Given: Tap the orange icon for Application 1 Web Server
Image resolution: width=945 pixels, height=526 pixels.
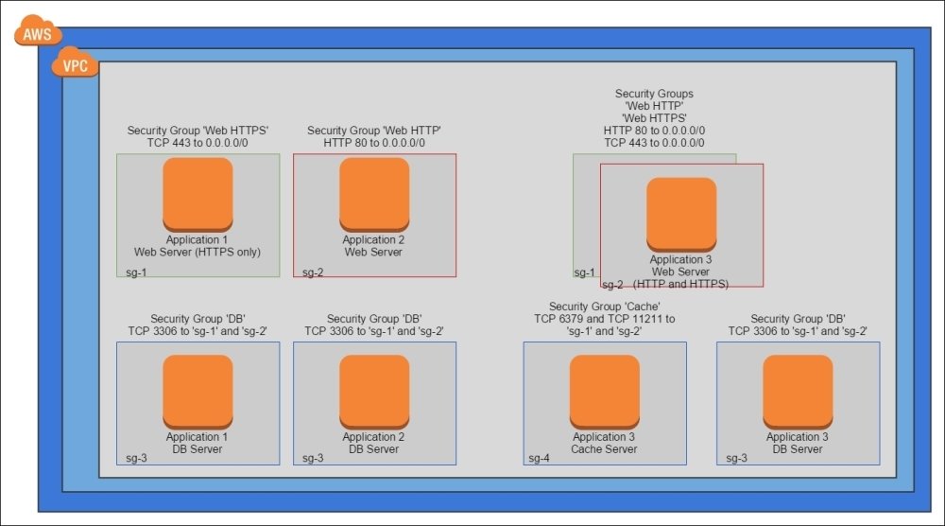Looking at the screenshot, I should pos(198,193).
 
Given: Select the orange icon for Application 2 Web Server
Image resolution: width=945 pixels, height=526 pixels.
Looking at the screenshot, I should pos(374,193).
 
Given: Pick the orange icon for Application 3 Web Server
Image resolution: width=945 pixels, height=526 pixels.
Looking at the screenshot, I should pos(681,213).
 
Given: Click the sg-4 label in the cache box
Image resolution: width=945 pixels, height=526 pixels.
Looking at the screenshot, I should pos(540,458).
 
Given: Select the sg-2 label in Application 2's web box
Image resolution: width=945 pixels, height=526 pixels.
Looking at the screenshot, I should pos(313,272).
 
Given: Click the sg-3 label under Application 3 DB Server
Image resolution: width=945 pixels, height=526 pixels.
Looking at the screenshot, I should pos(732,458).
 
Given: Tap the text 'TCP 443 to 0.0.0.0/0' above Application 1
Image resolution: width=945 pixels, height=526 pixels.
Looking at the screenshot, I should pos(198,143).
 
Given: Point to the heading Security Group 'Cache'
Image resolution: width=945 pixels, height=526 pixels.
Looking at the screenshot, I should pos(605,307).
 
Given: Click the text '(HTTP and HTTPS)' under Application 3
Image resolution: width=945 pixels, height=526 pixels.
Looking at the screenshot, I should pos(680,284).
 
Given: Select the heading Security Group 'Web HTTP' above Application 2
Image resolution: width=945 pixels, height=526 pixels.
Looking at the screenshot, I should pos(374,131).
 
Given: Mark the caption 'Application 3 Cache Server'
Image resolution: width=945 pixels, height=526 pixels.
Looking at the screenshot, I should pos(605,443).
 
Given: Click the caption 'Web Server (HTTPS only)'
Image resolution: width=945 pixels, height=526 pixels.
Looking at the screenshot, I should pos(198,252).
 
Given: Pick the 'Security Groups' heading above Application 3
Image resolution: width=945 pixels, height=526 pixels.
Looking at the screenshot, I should pos(654,94).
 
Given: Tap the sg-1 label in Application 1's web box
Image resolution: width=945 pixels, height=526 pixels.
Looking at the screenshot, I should pos(136,272).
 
